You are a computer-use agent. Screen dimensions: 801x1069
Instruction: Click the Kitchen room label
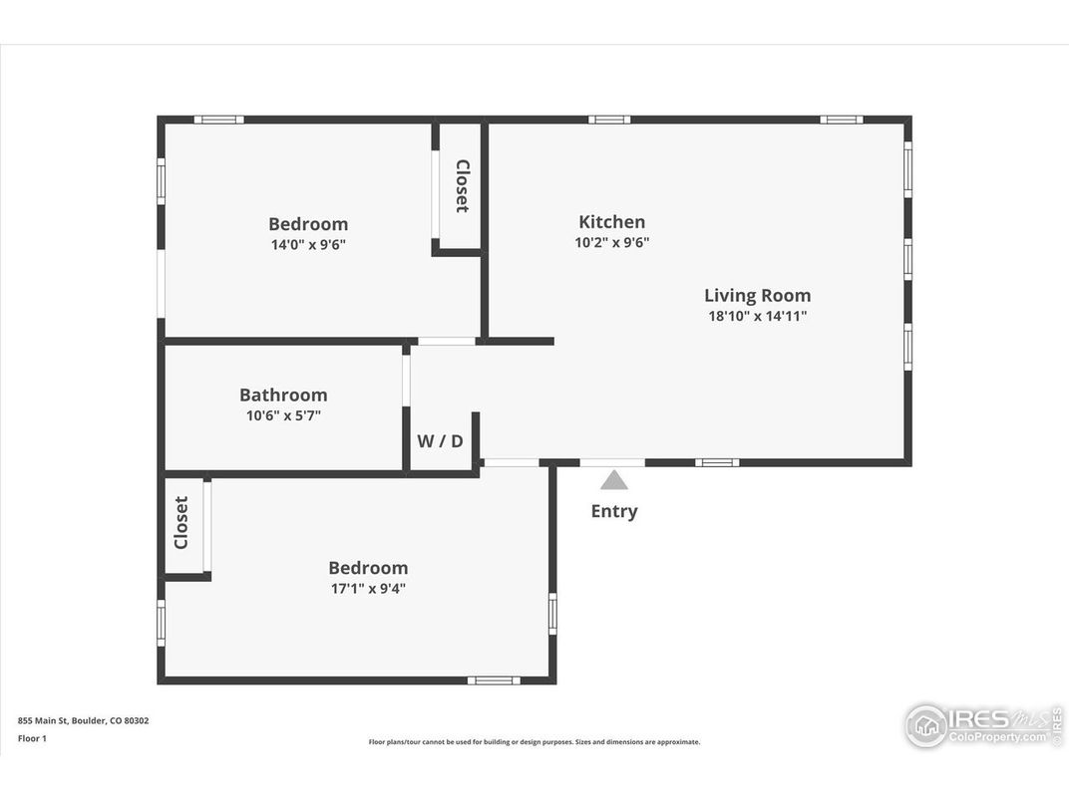click(x=611, y=222)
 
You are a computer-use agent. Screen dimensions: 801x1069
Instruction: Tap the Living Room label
click(x=757, y=295)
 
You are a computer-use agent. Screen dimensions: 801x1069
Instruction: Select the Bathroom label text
click(x=283, y=395)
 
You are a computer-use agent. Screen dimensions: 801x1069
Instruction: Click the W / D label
click(x=440, y=440)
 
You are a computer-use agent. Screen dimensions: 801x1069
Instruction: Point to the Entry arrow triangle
click(x=614, y=480)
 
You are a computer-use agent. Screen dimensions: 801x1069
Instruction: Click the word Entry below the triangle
click(x=614, y=511)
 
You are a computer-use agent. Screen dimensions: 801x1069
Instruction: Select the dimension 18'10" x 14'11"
click(x=757, y=316)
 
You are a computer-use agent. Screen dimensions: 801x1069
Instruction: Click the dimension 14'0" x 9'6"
click(x=308, y=244)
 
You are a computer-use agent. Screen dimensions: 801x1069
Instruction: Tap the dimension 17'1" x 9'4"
click(x=368, y=588)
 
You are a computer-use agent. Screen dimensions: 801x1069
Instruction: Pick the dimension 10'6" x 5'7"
click(x=283, y=415)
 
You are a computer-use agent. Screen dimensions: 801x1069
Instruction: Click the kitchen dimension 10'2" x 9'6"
click(x=611, y=242)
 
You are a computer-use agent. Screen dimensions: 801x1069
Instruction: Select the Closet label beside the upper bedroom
click(x=462, y=185)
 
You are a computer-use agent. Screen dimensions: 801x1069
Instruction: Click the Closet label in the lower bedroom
click(x=181, y=522)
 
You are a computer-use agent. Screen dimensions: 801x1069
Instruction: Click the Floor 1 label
click(x=32, y=738)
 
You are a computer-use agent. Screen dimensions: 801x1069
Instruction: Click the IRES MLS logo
click(x=983, y=724)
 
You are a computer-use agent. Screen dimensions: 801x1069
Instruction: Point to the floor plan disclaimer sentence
click(x=534, y=742)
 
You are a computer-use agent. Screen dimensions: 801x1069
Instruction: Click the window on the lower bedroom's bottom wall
click(x=494, y=680)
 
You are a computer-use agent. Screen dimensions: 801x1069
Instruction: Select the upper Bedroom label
click(x=308, y=224)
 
